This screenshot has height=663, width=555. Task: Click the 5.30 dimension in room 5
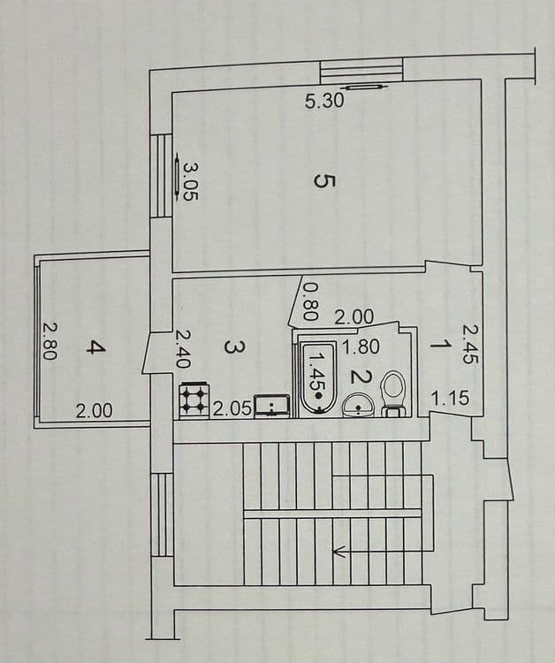(x=324, y=101)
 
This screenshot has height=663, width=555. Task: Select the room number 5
(x=324, y=182)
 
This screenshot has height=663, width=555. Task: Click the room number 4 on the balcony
(x=95, y=348)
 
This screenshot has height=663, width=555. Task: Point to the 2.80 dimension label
(x=49, y=341)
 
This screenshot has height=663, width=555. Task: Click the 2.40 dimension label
(x=182, y=349)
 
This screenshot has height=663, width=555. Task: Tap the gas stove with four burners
(x=194, y=400)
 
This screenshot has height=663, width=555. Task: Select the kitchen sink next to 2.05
(x=272, y=407)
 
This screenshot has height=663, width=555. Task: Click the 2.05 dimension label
(x=232, y=409)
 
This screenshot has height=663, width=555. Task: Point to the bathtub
(x=318, y=378)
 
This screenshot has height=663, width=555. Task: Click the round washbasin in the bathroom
(x=359, y=405)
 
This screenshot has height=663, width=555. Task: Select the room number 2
(x=361, y=377)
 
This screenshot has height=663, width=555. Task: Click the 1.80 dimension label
(x=361, y=347)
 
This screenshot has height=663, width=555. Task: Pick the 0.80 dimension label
(x=311, y=301)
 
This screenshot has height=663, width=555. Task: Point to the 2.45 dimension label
(x=471, y=343)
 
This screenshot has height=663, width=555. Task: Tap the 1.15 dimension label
(x=450, y=399)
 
